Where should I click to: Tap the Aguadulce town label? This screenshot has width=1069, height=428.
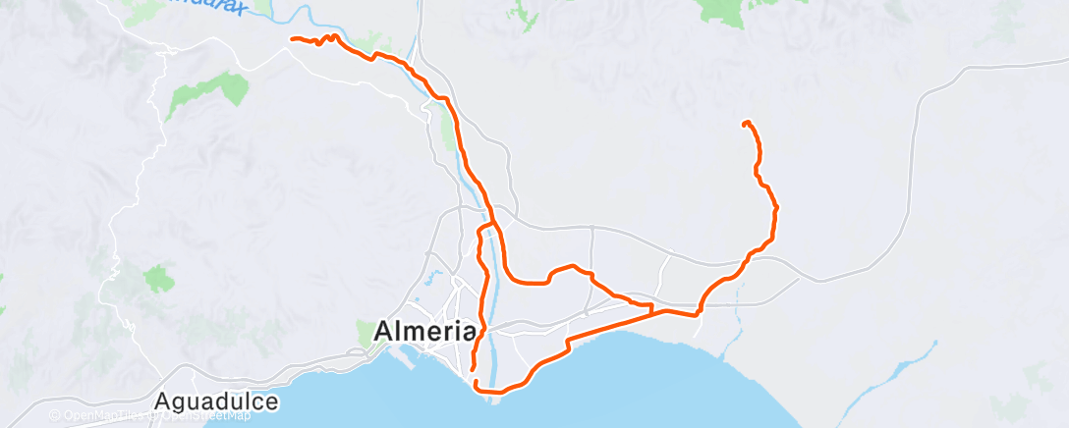216,401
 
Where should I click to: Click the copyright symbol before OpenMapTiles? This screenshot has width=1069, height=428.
55,416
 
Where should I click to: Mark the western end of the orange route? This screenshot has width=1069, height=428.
292,38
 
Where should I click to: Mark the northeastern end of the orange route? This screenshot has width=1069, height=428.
745,123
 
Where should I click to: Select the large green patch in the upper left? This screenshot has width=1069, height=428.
208,93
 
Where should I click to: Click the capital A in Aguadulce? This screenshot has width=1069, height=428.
164,401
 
